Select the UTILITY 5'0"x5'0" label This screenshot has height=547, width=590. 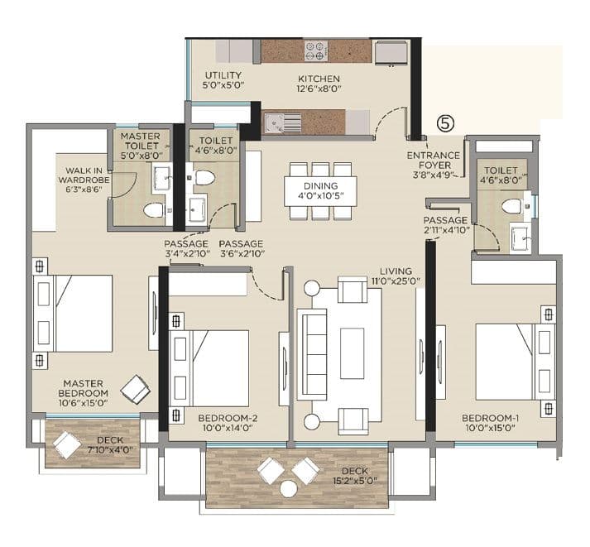point(223,80)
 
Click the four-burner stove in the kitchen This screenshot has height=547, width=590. point(317,51)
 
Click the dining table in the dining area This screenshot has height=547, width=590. point(320,190)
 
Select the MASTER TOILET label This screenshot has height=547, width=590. point(140,145)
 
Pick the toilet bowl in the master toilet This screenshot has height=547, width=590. point(153,210)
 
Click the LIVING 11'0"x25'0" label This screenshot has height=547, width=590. point(401,276)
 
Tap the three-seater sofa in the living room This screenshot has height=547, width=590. point(313,343)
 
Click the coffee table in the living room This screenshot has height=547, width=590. point(353,353)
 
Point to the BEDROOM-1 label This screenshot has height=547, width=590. point(490,422)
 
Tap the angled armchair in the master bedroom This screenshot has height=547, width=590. point(135,388)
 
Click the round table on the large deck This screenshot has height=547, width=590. point(288,489)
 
